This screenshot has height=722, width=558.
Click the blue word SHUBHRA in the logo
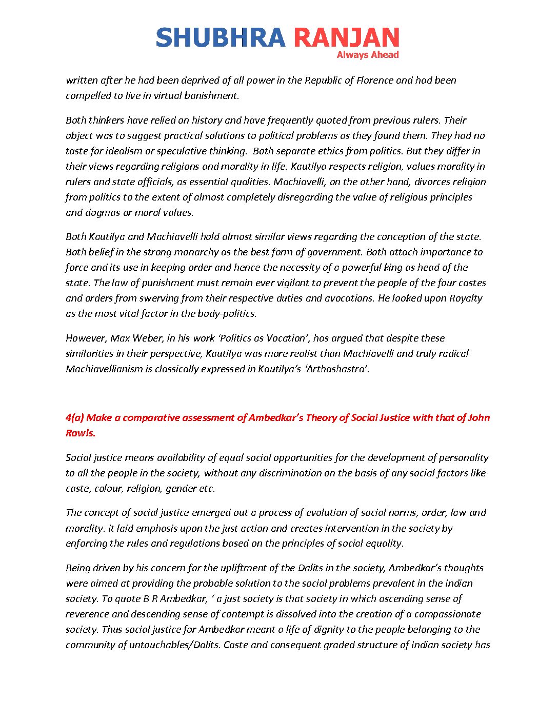(220, 38)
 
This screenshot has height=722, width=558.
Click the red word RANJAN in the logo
(346, 38)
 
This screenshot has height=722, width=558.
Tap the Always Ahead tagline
(367, 55)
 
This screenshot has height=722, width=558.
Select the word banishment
(212, 95)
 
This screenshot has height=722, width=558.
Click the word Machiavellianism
(104, 369)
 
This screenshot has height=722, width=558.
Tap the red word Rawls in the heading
(80, 433)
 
